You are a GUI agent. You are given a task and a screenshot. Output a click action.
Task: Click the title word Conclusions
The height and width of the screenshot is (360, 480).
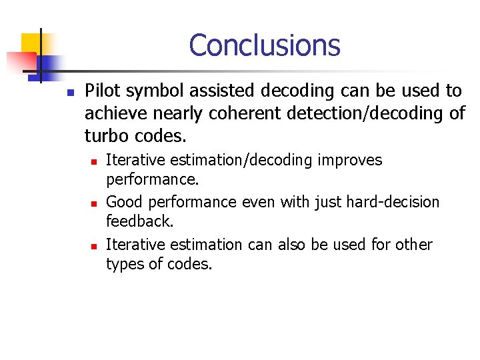pos(264,45)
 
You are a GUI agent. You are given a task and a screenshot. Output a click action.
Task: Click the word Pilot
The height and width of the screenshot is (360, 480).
pos(102,91)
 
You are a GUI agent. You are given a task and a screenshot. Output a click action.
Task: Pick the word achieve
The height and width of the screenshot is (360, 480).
pos(113,113)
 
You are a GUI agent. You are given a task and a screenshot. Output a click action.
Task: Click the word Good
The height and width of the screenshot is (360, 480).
pos(122,201)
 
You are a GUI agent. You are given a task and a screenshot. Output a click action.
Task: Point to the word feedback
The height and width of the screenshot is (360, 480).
pos(139,221)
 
